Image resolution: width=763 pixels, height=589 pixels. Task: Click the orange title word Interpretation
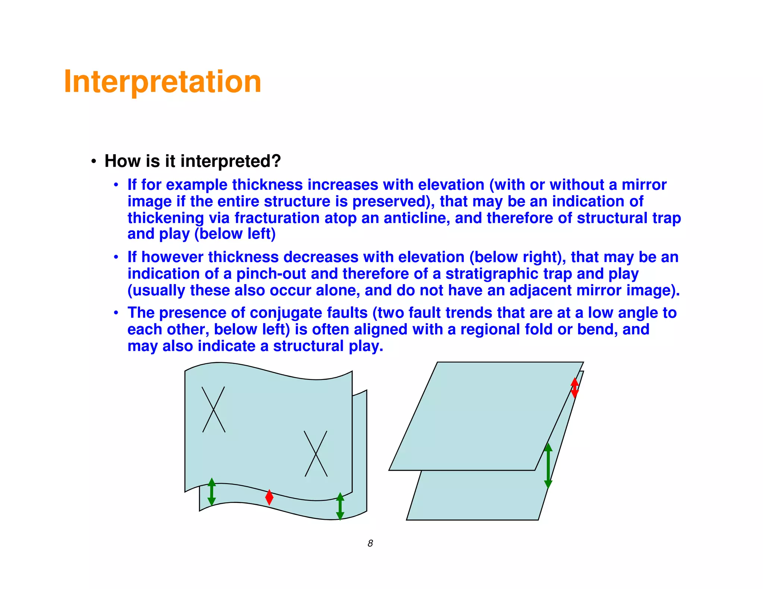[x=162, y=82]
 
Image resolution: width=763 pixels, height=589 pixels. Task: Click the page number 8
[x=370, y=543]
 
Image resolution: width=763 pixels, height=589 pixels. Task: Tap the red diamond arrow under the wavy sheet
[x=269, y=497]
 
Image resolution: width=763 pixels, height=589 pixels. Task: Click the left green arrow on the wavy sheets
[x=212, y=491]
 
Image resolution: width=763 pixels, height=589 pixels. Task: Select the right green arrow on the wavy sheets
[x=340, y=506]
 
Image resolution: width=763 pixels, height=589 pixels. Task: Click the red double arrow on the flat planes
[x=574, y=388]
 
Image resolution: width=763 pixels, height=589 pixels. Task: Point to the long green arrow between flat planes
[x=548, y=465]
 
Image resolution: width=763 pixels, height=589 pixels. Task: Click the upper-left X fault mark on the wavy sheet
[x=213, y=409]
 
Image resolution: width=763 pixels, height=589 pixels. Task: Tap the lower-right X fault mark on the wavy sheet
[x=316, y=453]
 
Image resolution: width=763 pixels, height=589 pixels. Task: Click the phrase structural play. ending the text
[x=328, y=346]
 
